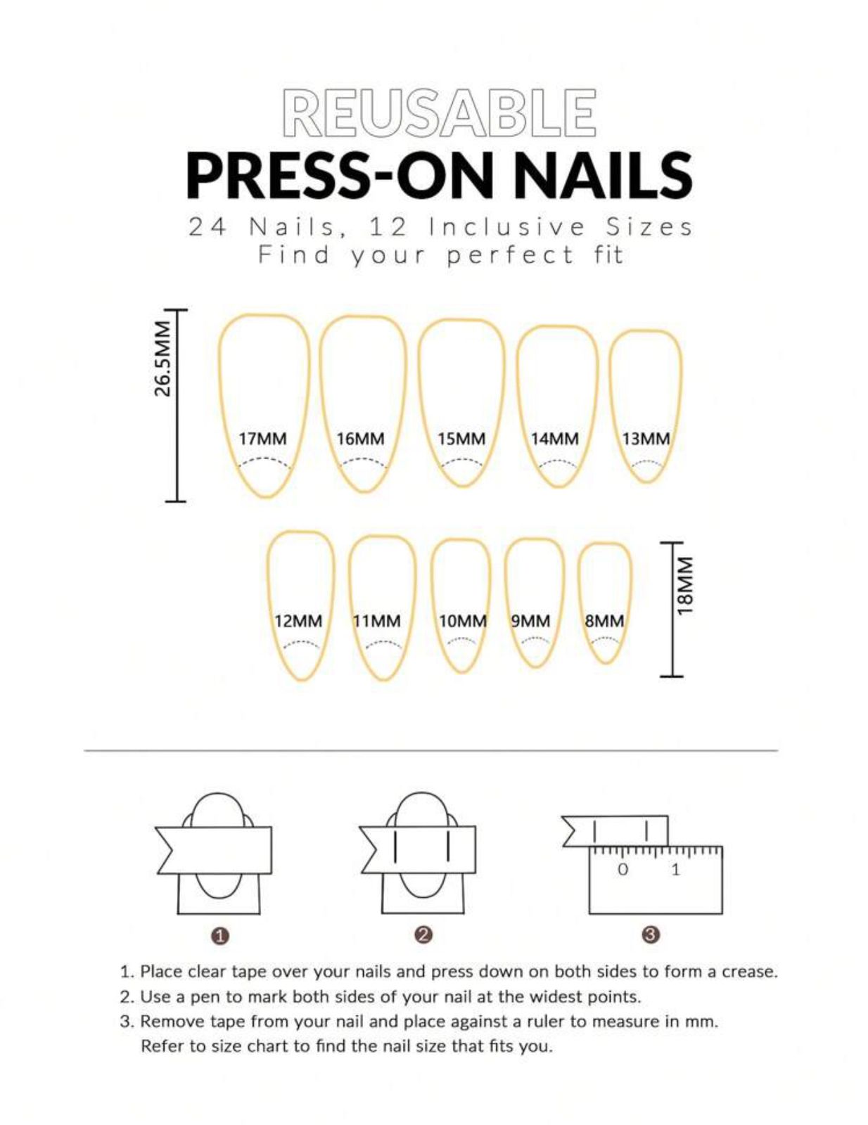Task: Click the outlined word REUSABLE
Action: point(439,112)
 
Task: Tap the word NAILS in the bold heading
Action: point(602,175)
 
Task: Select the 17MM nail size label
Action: point(262,439)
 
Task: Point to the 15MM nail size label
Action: point(461,439)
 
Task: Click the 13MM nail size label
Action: point(646,439)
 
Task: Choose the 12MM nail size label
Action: point(298,622)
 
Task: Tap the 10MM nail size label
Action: point(462,622)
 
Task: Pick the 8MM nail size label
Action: point(604,622)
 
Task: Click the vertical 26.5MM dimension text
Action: point(162,359)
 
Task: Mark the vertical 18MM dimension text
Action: point(684,586)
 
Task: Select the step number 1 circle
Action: point(219,936)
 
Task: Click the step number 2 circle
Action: point(423,934)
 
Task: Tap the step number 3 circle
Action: point(650,934)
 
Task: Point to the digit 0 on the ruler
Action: point(623,870)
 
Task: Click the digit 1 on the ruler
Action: point(675,870)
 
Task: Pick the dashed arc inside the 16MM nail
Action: point(363,462)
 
